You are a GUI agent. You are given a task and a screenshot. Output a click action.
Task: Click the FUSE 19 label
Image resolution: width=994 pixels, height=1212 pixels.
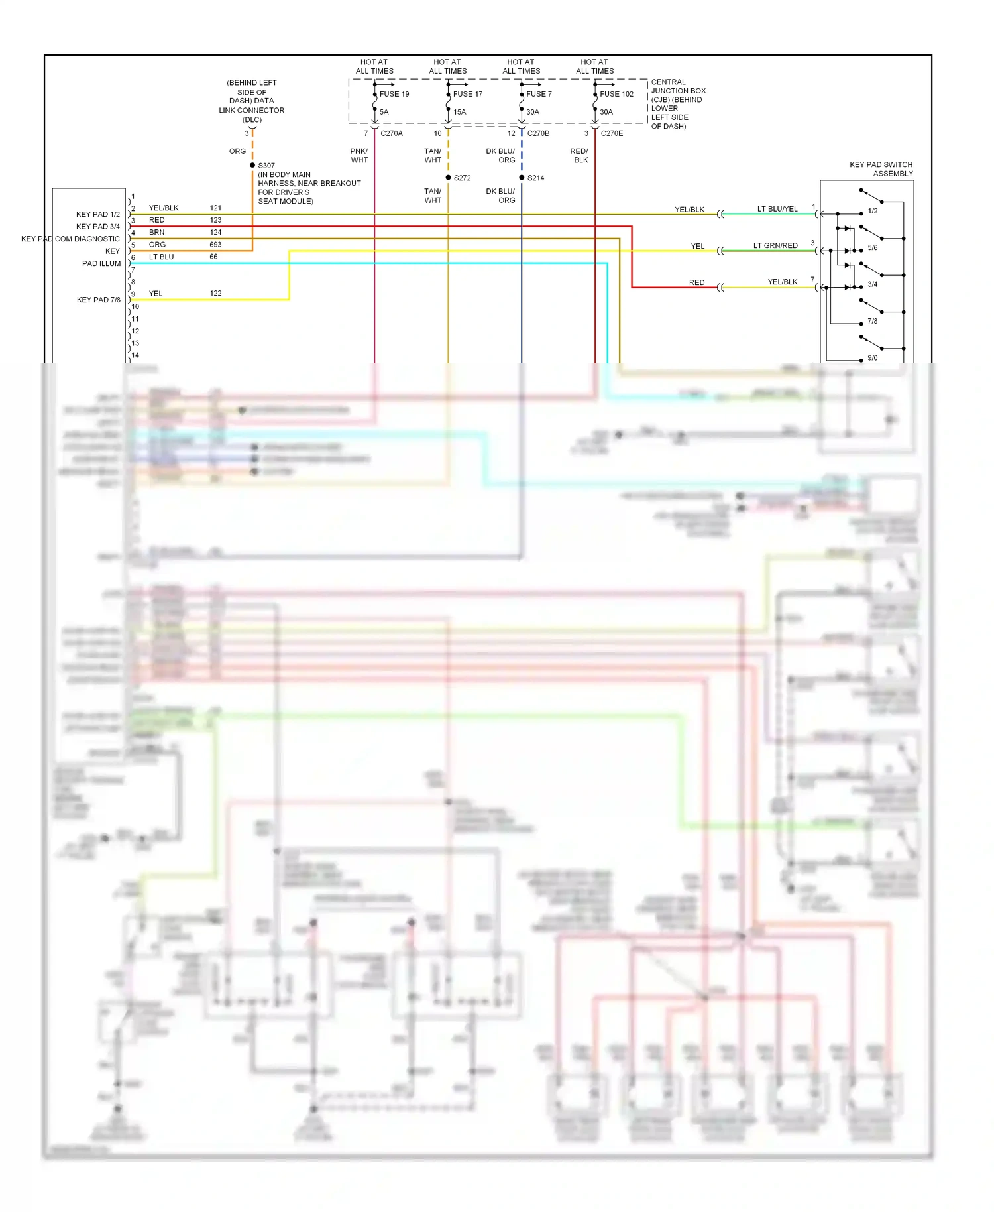[394, 94]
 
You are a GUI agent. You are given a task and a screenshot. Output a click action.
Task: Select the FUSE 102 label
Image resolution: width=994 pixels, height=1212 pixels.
[616, 94]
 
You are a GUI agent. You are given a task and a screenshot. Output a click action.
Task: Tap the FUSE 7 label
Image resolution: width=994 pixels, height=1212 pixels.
[539, 94]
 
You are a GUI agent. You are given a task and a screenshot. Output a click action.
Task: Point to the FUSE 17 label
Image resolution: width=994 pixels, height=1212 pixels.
[467, 94]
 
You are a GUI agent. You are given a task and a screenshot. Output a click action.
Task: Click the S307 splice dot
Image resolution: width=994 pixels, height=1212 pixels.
[252, 165]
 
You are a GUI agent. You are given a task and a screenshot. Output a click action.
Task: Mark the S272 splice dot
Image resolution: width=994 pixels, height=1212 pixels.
[449, 178]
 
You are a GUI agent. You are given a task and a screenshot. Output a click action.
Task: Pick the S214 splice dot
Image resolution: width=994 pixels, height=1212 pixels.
[522, 178]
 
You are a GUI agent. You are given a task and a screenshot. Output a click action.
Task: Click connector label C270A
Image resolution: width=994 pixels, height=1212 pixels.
[392, 133]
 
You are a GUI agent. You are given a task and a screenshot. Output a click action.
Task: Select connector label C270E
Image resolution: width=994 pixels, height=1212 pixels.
[612, 133]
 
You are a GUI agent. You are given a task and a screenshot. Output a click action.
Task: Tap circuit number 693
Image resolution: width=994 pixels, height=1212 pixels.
[215, 245]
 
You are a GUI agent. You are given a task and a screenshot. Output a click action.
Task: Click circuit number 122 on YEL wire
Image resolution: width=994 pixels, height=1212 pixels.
[215, 293]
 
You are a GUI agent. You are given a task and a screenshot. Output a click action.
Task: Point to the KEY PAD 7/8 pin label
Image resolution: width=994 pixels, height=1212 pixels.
[99, 300]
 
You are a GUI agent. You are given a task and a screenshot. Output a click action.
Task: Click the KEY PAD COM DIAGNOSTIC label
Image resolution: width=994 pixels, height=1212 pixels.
[71, 239]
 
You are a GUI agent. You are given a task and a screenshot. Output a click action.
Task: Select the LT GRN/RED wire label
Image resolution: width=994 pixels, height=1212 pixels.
[775, 245]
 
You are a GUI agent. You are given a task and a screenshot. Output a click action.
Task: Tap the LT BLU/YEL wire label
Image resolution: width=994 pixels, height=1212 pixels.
[777, 209]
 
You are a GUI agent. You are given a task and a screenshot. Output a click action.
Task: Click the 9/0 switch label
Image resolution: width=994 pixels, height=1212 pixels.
[872, 358]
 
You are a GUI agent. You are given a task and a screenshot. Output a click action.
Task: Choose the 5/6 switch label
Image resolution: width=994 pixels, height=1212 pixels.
[872, 248]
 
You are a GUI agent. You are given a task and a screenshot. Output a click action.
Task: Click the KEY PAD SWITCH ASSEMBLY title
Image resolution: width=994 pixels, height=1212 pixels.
[881, 169]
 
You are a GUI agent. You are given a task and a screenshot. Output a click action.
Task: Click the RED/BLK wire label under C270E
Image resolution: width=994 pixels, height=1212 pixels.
[580, 156]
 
